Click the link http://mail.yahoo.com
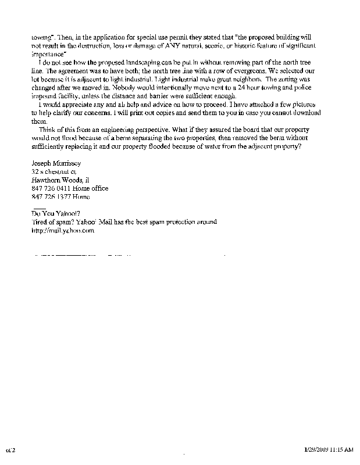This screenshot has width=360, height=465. (x=63, y=230)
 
